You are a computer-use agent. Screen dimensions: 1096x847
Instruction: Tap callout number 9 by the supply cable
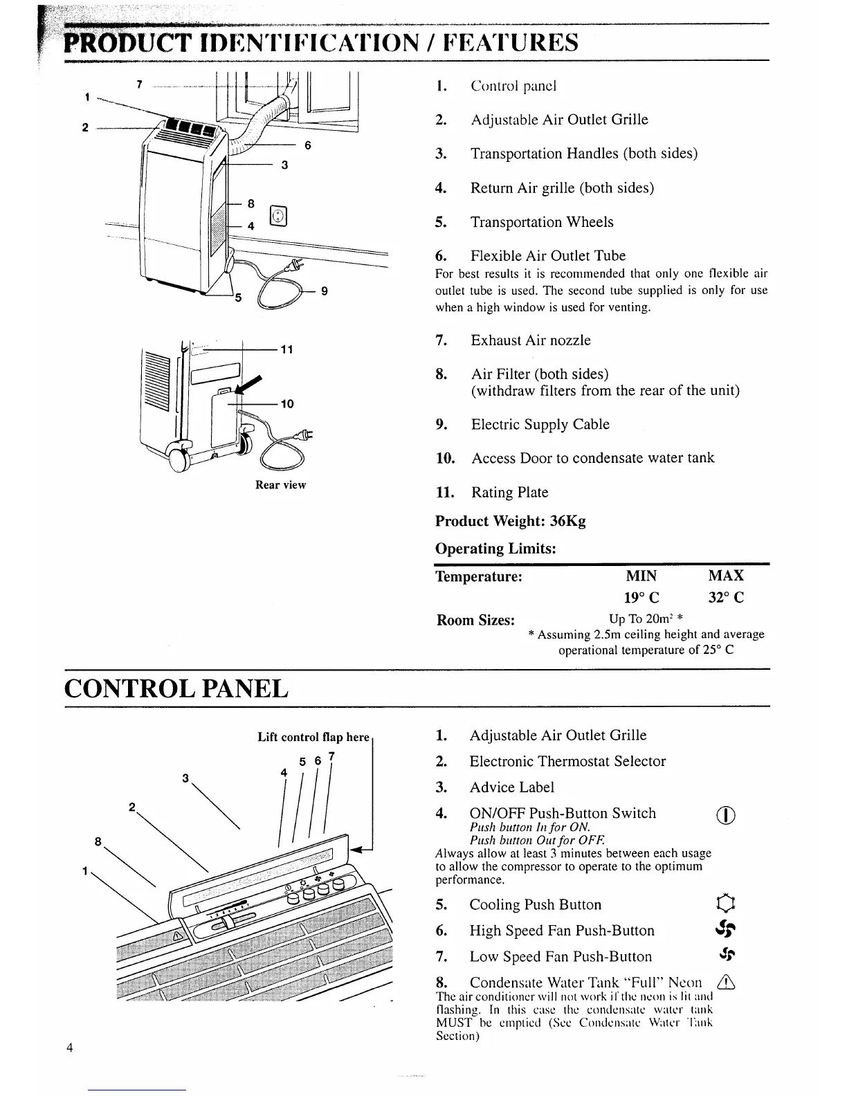pos(324,291)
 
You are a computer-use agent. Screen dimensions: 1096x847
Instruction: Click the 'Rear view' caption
pos(280,485)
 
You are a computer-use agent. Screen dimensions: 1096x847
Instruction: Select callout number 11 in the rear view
pos(286,349)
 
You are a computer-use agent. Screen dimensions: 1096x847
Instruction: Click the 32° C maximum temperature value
pos(726,598)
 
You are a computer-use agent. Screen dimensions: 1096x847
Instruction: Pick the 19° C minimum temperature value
pos(640,598)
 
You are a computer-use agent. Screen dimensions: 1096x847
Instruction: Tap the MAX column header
pos(726,576)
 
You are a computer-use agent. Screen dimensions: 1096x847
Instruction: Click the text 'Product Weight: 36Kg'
pos(510,521)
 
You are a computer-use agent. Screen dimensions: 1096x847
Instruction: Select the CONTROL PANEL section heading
pos(176,689)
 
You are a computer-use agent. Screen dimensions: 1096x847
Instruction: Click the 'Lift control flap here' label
pos(313,737)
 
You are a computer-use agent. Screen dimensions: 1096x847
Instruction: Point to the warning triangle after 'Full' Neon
pos(727,983)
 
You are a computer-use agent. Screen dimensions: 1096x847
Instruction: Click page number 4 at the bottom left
pos(70,1066)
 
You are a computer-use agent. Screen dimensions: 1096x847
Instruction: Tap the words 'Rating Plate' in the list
pos(509,493)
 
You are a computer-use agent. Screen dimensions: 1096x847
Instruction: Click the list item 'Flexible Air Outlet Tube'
pos(548,256)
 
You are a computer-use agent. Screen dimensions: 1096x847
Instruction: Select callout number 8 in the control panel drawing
pos(98,841)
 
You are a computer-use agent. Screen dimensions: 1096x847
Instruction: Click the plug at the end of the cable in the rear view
pos(302,436)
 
